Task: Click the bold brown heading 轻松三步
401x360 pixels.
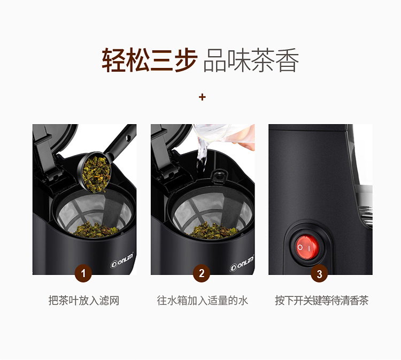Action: click(150, 60)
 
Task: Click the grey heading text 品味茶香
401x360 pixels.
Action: click(251, 60)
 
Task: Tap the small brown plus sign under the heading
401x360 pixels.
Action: click(202, 97)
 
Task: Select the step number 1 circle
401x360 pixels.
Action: click(83, 273)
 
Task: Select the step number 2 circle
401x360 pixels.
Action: click(201, 273)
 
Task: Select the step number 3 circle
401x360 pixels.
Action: click(319, 274)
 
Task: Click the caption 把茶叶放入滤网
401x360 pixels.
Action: click(84, 301)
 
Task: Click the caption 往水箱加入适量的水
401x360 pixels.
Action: click(202, 301)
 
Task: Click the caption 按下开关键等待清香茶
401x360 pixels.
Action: click(321, 301)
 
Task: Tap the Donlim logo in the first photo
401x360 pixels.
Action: click(122, 260)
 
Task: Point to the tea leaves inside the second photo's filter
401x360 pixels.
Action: click(213, 230)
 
